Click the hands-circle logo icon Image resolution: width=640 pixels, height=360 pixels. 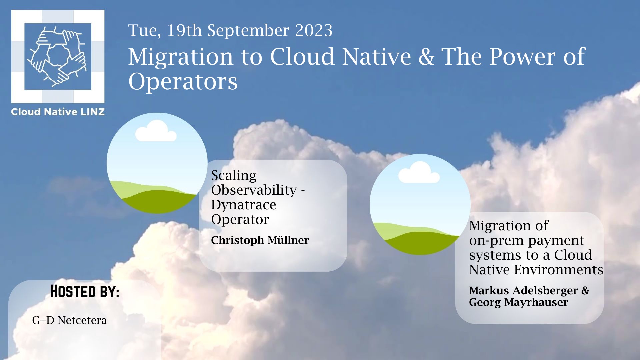coord(58,57)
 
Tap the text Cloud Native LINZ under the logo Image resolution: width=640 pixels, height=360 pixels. coord(58,112)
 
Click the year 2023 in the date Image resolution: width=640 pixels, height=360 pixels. coord(314,30)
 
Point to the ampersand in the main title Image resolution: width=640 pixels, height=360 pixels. coord(426,56)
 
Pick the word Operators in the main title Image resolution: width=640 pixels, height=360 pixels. coord(183,82)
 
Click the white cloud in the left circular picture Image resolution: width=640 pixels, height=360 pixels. coord(156,131)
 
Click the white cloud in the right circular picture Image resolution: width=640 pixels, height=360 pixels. coord(419,172)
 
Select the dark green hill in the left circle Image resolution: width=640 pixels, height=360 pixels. coord(159,202)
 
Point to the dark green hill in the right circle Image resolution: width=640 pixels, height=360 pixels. coord(422,243)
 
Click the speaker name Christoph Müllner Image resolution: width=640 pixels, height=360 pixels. coord(260,240)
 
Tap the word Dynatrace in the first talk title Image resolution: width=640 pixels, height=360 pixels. coord(244,205)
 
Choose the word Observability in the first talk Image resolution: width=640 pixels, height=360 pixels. coord(254,190)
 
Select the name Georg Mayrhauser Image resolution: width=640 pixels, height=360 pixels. coord(518,302)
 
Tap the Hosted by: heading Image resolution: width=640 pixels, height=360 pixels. coord(85,291)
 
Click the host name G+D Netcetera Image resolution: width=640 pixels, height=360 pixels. coord(69,320)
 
